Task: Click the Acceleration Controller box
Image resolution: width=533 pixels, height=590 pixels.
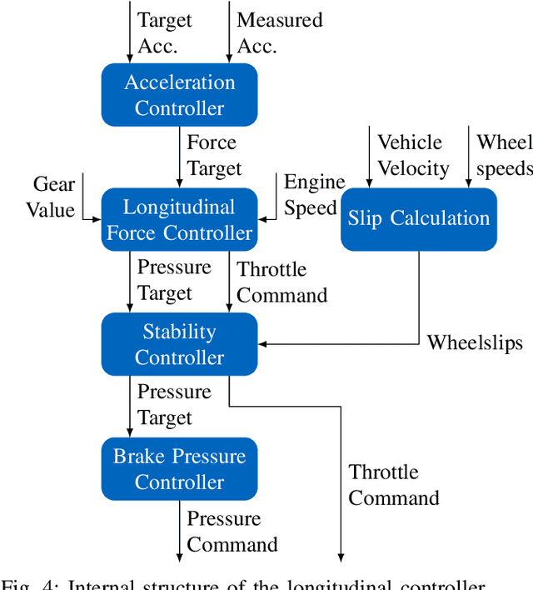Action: point(179,95)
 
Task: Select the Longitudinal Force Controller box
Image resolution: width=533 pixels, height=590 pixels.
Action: point(179,220)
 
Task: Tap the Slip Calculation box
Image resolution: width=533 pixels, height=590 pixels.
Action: point(419,218)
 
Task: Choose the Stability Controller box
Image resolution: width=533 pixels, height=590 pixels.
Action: point(179,344)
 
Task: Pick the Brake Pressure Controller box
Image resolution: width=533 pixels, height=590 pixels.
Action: point(179,469)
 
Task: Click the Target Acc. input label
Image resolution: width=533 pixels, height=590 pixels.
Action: point(164,32)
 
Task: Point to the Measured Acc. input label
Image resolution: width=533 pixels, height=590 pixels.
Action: point(279,32)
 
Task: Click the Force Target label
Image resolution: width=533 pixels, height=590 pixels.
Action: point(214,155)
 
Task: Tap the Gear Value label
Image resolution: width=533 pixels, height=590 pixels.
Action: point(53,197)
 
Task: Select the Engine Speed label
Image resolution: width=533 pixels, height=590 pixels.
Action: point(314,195)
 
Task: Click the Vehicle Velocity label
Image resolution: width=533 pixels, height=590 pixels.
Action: point(413,155)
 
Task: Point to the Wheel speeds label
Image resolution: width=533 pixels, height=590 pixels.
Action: point(504,155)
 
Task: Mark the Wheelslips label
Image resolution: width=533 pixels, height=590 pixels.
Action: point(475,342)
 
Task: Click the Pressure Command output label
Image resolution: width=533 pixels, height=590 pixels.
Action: point(232,532)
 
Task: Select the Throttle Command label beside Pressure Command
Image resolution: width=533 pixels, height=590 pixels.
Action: point(393,485)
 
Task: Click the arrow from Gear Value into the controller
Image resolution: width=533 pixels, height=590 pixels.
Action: point(91,220)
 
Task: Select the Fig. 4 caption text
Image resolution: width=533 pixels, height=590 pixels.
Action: point(266,583)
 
